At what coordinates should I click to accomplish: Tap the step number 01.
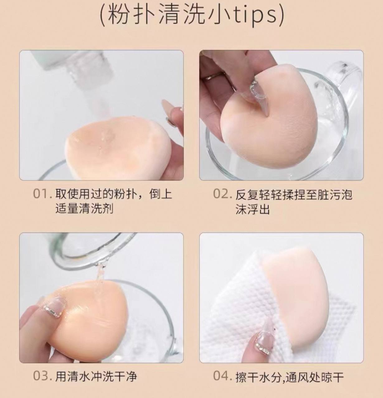pyautogui.click(x=40, y=193)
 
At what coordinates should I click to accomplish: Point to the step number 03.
pyautogui.click(x=40, y=376)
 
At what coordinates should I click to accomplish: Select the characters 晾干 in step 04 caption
pyautogui.click(x=332, y=376)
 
